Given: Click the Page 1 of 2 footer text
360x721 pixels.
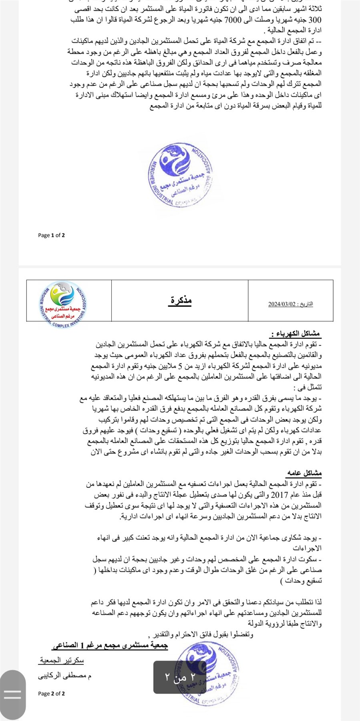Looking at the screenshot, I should (x=51, y=235).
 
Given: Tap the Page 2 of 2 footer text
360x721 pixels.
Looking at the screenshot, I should (x=51, y=693).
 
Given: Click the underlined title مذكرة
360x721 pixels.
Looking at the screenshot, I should (x=181, y=300).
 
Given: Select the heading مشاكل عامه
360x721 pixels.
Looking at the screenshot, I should (x=304, y=473).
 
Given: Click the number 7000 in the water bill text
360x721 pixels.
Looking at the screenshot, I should (x=233, y=20).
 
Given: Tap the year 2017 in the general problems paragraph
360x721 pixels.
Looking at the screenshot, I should (x=280, y=495).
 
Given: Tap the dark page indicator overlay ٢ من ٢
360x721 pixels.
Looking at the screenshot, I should (x=180, y=677).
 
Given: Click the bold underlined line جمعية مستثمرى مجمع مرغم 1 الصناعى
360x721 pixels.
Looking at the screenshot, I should (x=110, y=645).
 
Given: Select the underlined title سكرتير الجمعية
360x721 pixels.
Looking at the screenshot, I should (x=62, y=660).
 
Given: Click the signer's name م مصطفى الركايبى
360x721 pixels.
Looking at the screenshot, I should (x=64, y=676).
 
